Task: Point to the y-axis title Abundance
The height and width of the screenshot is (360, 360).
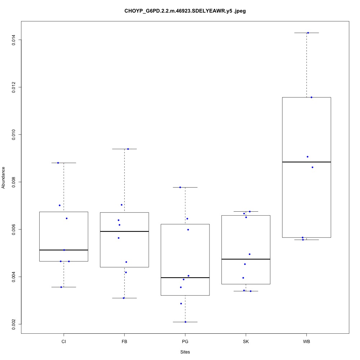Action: click(4, 177)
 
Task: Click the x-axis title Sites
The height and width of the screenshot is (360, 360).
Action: click(185, 352)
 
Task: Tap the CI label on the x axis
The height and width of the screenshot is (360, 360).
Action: click(64, 341)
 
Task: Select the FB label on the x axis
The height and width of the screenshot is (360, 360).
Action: click(125, 341)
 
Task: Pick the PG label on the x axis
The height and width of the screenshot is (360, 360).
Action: click(185, 341)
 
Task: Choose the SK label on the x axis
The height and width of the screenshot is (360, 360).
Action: click(246, 341)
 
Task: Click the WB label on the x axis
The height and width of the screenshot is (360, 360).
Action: click(306, 341)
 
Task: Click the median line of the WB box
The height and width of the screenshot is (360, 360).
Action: click(306, 162)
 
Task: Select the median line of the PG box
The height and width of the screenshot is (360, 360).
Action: click(185, 278)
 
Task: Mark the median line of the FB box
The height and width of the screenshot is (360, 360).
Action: click(125, 231)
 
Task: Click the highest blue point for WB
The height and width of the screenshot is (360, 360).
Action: click(308, 33)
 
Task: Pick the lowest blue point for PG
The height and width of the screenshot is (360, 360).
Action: click(185, 322)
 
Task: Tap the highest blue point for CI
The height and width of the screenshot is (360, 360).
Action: click(58, 163)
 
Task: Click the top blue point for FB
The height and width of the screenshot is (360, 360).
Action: click(128, 149)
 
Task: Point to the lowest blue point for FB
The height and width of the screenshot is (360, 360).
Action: click(123, 298)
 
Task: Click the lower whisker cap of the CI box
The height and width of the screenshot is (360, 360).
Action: click(64, 287)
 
